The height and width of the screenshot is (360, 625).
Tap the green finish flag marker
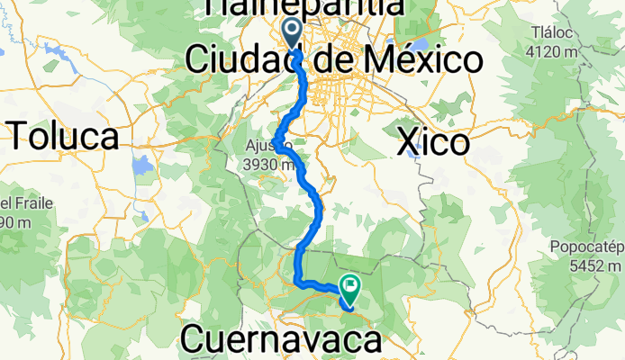point(349,287)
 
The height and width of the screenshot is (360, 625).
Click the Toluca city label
point(65,137)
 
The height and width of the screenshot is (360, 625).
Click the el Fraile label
point(18,204)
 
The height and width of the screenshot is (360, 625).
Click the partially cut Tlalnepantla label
point(303,7)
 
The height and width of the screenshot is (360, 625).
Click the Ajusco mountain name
point(267,147)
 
